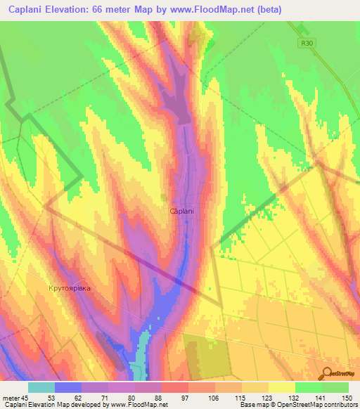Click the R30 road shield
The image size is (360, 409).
pyautogui.click(x=302, y=43)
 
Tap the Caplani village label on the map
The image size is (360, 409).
pyautogui.click(x=182, y=211)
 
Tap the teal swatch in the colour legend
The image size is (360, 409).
pyautogui.click(x=41, y=387)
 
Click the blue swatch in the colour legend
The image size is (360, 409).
pyautogui.click(x=68, y=387)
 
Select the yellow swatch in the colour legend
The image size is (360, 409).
pyautogui.click(x=281, y=387)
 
